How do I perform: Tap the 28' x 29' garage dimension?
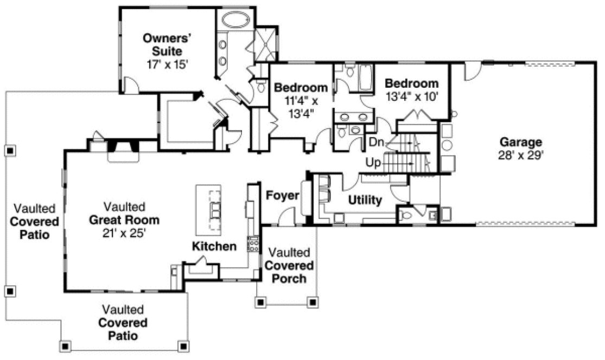pyautogui.click(x=521, y=155)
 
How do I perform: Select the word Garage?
pyautogui.click(x=521, y=143)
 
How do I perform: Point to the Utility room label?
pyautogui.click(x=365, y=201)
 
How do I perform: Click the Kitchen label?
pyautogui.click(x=214, y=247)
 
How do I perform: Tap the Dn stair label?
pyautogui.click(x=377, y=143)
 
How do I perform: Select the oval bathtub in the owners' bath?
pyautogui.click(x=235, y=21)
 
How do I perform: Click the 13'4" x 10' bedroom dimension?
pyautogui.click(x=411, y=96)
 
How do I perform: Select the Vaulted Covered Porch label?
pyautogui.click(x=289, y=266)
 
